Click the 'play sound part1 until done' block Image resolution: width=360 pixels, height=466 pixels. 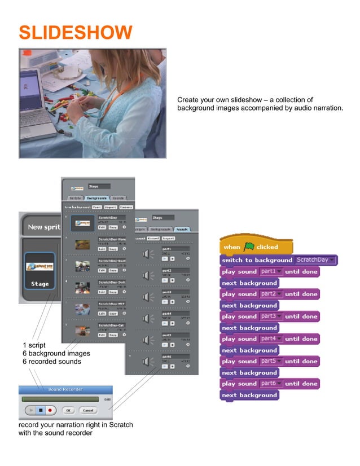tap(269, 271)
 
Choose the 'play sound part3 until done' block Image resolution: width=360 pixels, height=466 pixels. tap(269, 316)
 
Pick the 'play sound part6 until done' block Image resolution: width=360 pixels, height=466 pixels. tap(269, 384)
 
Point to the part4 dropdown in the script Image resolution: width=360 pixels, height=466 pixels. tap(271, 339)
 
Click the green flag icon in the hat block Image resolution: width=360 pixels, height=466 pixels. tap(249, 247)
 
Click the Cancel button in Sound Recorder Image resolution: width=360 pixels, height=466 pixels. tap(87, 410)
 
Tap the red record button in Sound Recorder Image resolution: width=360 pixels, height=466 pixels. tap(51, 410)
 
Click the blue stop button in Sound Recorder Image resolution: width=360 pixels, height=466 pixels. tap(41, 410)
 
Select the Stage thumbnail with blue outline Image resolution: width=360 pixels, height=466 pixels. tap(39, 271)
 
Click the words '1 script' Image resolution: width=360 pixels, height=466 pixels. tap(34, 345)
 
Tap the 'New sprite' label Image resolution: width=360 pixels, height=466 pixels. tap(43, 227)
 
